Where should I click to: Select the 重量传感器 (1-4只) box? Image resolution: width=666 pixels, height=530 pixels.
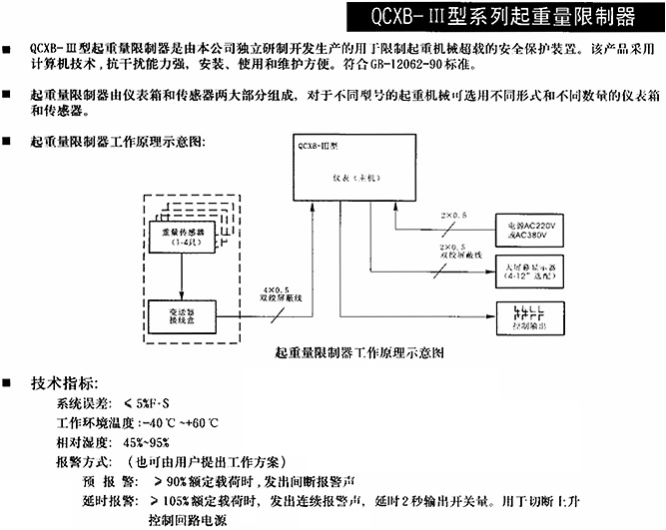point(181,236)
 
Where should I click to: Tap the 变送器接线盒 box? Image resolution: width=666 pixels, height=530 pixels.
point(181,313)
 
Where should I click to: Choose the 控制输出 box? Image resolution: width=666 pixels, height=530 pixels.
point(528,316)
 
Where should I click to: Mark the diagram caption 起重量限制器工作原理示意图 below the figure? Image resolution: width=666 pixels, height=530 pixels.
point(357,353)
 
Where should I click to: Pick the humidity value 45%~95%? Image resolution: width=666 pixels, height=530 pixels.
point(147,442)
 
